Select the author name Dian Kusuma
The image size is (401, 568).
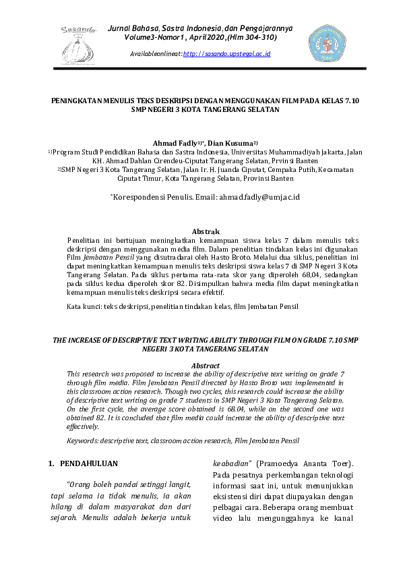(230, 144)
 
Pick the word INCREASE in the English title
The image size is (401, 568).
(93, 341)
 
